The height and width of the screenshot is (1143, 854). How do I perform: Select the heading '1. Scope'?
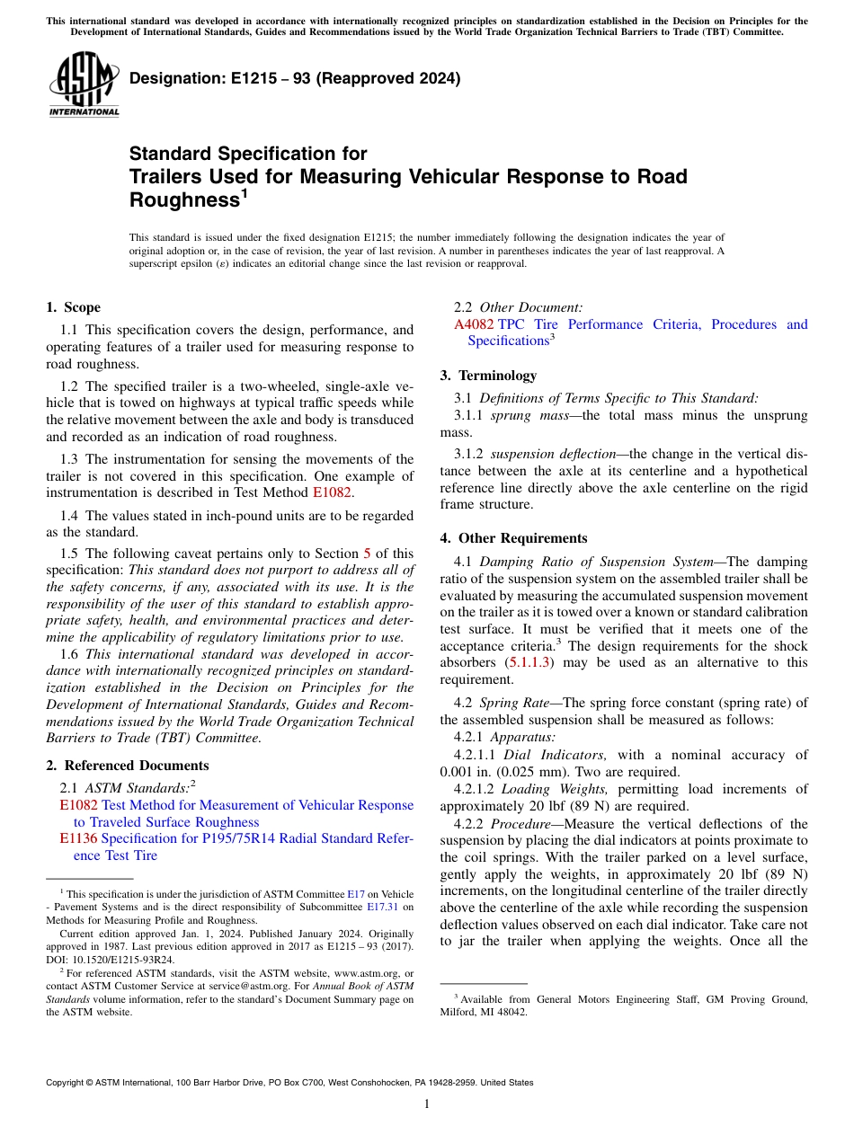pos(73,307)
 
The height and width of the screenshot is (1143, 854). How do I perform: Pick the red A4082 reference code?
pos(475,324)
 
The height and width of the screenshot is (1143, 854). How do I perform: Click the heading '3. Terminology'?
pos(488,376)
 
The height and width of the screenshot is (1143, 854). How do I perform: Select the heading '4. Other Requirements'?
pos(513,538)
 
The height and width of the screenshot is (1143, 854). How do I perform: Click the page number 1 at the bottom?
pos(427,1104)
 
